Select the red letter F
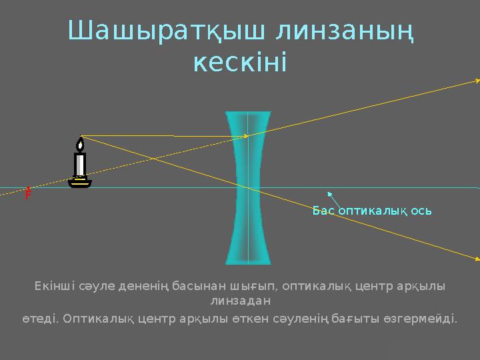(28, 195)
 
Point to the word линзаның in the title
(345, 31)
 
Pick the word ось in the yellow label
(419, 211)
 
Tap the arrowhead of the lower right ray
(476, 258)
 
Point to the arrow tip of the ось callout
(330, 193)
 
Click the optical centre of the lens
(248, 187)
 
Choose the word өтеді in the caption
(39, 318)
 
